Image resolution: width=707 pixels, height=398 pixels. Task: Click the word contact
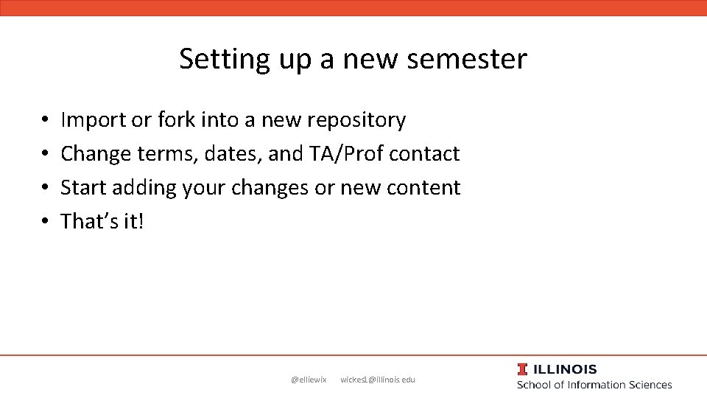point(424,153)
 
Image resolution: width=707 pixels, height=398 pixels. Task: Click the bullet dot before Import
point(45,120)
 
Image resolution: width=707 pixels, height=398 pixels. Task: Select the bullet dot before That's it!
point(45,222)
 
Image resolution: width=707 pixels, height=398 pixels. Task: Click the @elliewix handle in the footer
point(309,380)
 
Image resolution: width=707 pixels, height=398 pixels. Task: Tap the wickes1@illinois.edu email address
point(378,380)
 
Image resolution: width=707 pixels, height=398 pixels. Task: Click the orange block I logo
point(522,369)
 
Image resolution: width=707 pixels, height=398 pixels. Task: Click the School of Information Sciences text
point(594,385)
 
